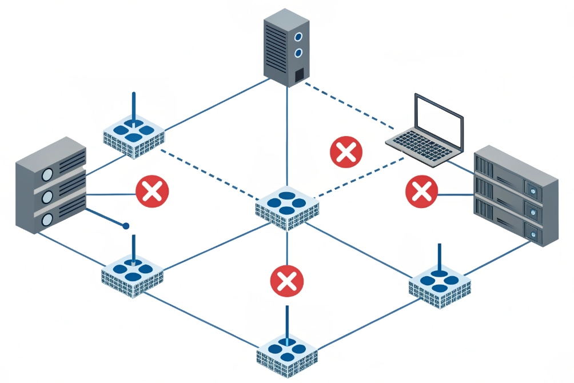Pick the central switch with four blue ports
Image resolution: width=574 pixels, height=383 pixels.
287,207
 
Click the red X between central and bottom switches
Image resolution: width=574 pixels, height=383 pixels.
287,281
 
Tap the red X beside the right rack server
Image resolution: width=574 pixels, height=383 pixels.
421,191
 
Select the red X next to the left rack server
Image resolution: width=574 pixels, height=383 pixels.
152,191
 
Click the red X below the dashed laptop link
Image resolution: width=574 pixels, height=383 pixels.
346,152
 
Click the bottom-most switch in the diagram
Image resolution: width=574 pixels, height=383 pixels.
286,352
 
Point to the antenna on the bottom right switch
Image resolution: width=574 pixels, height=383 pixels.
440,257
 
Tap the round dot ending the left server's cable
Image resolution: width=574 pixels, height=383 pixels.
126,226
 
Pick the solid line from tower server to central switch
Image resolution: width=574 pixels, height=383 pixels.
286,137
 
